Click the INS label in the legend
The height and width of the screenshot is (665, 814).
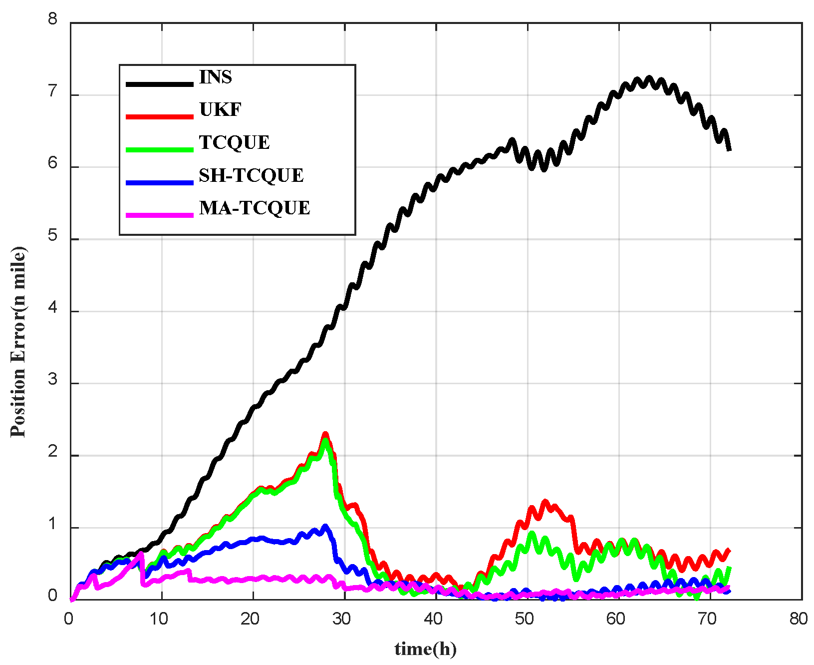pos(215,77)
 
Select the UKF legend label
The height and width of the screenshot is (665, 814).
pos(220,109)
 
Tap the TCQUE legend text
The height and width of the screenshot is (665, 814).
pos(234,142)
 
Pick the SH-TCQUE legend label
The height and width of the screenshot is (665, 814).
pos(251,175)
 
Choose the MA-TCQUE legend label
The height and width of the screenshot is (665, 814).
pos(255,208)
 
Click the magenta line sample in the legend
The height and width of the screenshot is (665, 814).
pos(159,215)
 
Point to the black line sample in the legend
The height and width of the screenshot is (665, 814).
pos(159,84)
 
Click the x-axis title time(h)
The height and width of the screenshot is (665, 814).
pos(425,649)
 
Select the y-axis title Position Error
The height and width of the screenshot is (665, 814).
pos(18,342)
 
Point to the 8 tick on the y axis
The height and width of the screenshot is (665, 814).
pos(53,20)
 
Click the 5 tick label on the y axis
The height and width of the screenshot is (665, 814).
pos(53,236)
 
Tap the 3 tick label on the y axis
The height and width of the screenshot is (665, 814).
pos(53,380)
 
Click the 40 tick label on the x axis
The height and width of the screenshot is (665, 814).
pos(433,619)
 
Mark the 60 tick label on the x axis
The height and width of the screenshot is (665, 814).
pos(616,619)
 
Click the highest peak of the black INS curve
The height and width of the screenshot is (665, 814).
pos(649,78)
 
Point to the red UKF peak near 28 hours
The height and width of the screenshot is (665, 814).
pos(325,435)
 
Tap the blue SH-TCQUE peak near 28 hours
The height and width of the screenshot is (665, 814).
pos(325,527)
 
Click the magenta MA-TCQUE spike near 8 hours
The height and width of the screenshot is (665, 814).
pos(141,554)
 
